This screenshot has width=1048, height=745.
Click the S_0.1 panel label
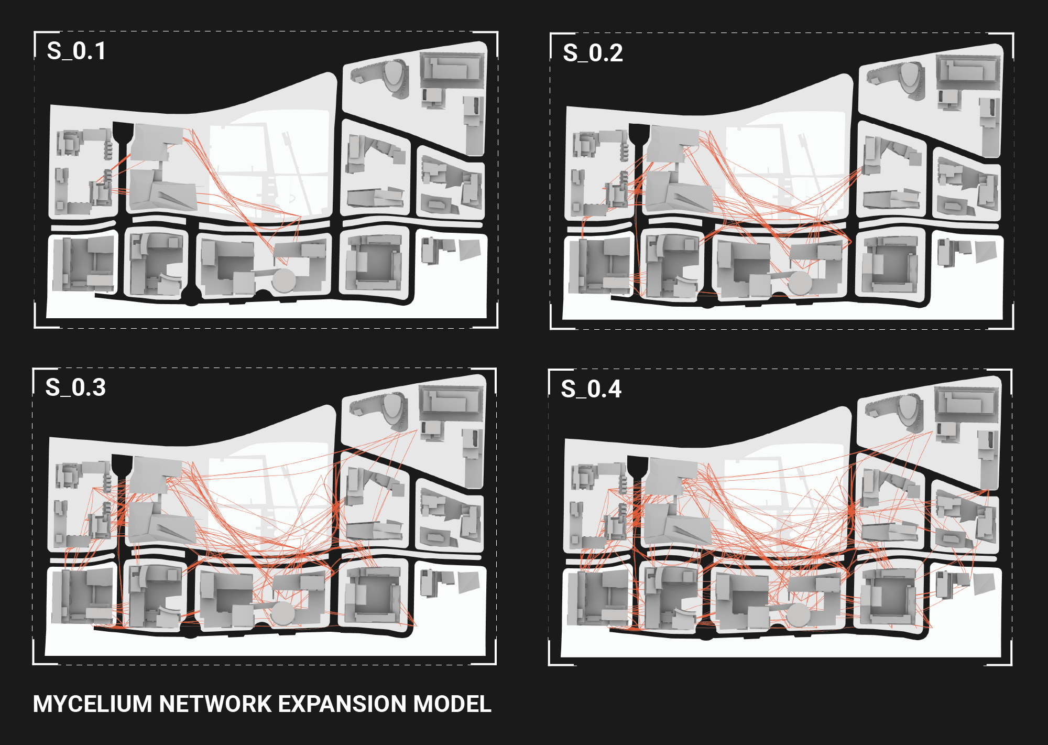click(77, 51)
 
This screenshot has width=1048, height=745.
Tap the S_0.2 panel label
click(593, 53)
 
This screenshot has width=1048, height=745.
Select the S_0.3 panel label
click(75, 388)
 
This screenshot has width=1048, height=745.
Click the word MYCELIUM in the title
click(93, 704)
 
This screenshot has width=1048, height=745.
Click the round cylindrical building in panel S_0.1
click(283, 280)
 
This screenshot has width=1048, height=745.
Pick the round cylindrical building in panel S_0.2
click(800, 283)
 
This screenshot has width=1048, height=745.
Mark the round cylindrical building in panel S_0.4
click(798, 615)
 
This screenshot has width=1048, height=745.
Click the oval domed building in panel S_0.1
click(395, 77)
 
